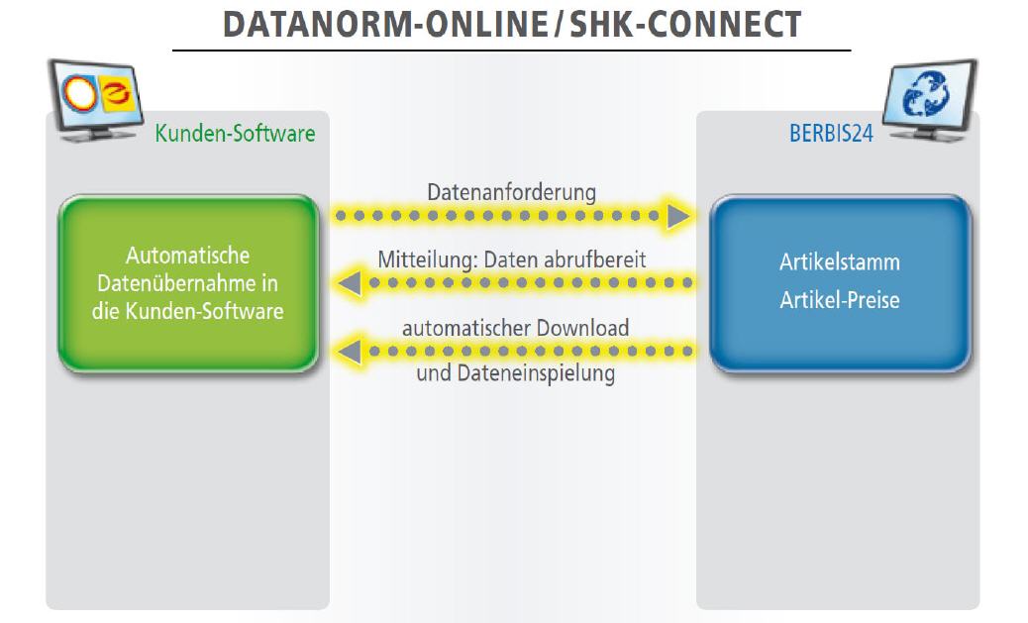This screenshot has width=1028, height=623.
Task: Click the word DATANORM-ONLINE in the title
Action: pos(385,25)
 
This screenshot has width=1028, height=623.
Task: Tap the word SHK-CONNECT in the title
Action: pos(685,25)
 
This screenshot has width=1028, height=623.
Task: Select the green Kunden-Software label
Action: pos(236,133)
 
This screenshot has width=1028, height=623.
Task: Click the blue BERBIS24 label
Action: pos(831,133)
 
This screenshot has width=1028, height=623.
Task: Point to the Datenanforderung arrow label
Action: pos(511,192)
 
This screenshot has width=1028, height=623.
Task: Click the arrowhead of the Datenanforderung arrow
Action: pos(678,216)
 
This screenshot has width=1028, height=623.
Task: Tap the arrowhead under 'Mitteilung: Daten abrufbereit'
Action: pos(350,283)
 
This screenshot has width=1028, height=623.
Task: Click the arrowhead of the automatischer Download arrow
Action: pos(350,352)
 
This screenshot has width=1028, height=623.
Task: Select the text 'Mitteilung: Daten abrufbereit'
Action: pos(512,260)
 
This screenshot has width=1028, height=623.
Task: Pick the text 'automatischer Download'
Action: pos(515,328)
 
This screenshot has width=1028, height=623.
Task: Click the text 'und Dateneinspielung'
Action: pos(516,373)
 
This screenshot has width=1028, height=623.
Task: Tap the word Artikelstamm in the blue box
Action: pos(840,262)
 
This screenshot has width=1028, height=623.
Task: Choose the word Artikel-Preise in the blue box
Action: pos(840,300)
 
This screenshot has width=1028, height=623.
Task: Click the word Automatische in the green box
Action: pos(187,256)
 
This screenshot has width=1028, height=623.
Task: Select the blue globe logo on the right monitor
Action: pos(925,94)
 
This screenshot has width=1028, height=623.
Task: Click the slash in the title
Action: pos(559,25)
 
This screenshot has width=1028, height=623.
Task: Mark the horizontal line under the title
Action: pos(511,50)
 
